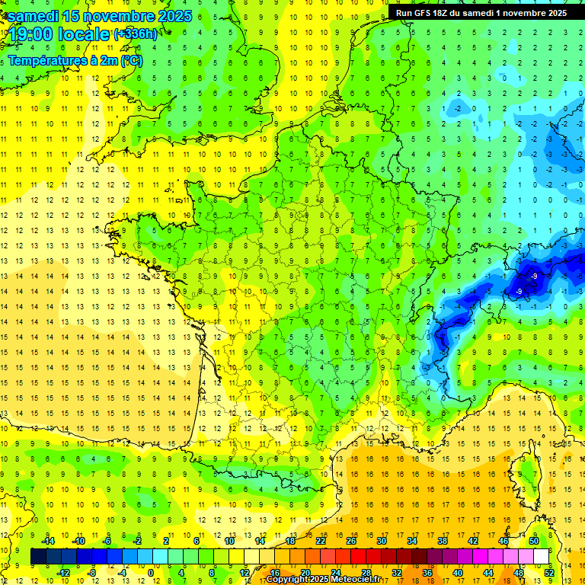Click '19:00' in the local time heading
[x=32, y=34]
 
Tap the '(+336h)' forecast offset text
[x=136, y=34]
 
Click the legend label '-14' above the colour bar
[x=50, y=541]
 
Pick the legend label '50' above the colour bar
[x=534, y=541]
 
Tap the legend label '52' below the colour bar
[x=549, y=573]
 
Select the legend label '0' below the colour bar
[x=150, y=573]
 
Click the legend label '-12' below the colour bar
[x=64, y=573]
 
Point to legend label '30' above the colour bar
[x=382, y=541]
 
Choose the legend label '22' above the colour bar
[x=321, y=541]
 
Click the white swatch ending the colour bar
[x=542, y=557]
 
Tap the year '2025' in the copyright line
[x=318, y=580]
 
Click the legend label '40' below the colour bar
[x=458, y=573]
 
